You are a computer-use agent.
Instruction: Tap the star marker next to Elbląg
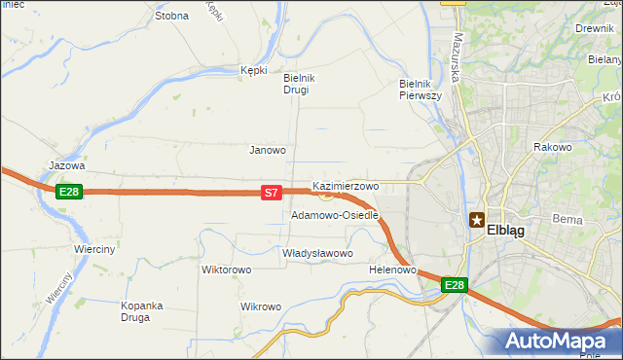point(477,220)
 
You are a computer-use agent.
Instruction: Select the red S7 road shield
point(272,194)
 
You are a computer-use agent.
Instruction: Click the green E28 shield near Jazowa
point(68,192)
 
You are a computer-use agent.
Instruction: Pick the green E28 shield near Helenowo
point(455,285)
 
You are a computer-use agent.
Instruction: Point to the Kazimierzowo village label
point(346,185)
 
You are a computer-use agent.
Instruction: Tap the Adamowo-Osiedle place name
point(334,215)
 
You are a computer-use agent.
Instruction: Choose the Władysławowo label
point(316,253)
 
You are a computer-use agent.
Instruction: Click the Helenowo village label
point(393,270)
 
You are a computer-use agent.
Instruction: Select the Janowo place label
point(268,150)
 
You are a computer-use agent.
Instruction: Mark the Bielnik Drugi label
point(296,84)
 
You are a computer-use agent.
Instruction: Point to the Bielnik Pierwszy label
point(421,90)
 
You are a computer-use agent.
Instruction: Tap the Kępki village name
point(253,70)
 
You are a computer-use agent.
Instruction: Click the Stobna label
point(171,16)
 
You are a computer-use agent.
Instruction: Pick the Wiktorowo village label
point(227,270)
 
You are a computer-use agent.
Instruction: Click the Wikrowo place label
point(261,306)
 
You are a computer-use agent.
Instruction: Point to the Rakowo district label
point(552,147)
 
